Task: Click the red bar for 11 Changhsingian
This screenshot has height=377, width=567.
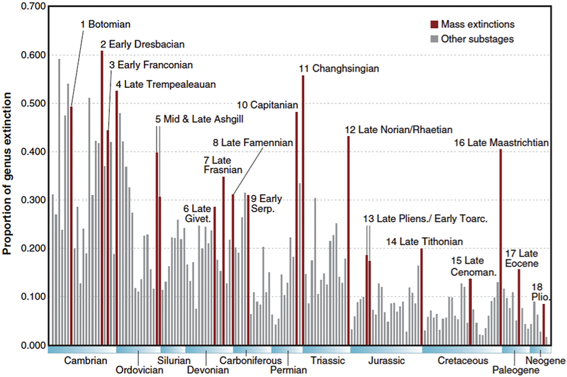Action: (303, 213)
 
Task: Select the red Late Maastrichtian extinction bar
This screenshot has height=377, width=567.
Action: (500, 248)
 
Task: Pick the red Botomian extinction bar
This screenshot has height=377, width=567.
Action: (72, 227)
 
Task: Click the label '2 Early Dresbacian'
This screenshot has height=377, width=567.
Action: (142, 45)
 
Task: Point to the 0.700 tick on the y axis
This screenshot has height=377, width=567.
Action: (31, 7)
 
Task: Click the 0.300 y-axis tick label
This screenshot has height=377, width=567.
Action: (31, 201)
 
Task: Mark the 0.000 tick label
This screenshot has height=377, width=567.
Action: (31, 345)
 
